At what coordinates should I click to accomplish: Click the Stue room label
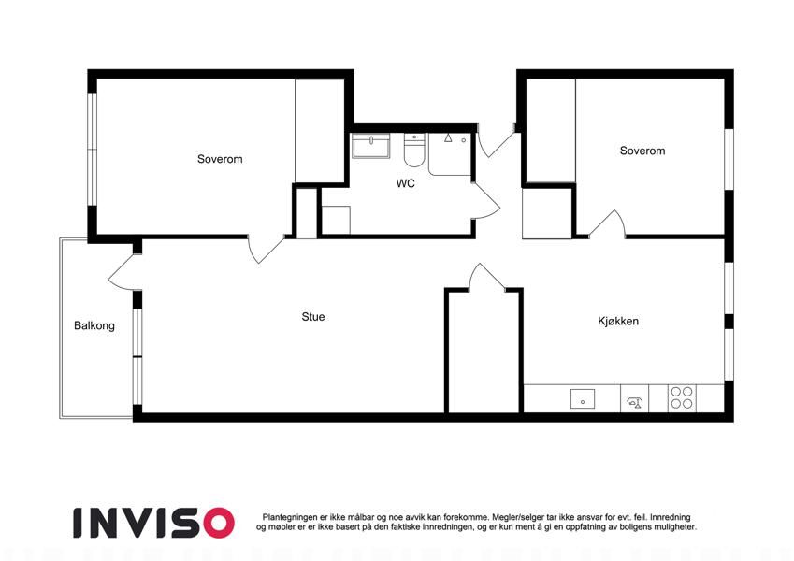tap(313, 316)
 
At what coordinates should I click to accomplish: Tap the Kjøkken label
tap(618, 321)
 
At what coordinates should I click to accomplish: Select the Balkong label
tap(94, 325)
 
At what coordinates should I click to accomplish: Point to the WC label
tap(405, 183)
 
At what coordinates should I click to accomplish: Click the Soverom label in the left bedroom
tap(220, 159)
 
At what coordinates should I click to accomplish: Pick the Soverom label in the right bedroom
tap(642, 151)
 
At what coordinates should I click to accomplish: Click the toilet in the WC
tap(414, 150)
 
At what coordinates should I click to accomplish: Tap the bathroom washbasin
tap(371, 146)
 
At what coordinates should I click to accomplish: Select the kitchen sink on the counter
tap(583, 398)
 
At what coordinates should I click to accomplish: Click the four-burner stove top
tap(682, 398)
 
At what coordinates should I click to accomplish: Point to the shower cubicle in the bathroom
tap(450, 154)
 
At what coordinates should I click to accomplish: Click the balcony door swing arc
tap(122, 273)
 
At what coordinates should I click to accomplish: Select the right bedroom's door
tap(608, 223)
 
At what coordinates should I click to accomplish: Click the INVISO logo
tap(154, 523)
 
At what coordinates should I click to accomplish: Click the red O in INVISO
tap(218, 523)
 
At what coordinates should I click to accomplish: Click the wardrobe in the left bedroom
tap(320, 131)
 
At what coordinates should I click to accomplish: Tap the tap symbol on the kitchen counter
tap(634, 402)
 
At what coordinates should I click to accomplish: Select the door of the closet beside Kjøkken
tap(487, 277)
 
